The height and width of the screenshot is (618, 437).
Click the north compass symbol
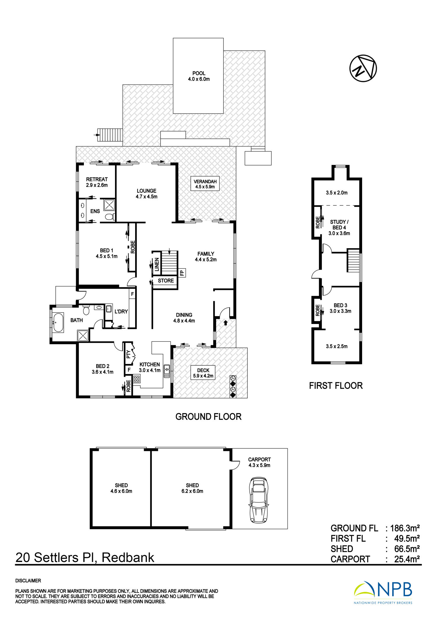click(x=363, y=68)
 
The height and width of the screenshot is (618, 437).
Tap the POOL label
click(x=199, y=73)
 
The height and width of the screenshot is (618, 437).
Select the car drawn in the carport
click(x=259, y=500)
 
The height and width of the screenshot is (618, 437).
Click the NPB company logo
click(x=383, y=592)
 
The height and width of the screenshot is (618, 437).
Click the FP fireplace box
click(x=182, y=273)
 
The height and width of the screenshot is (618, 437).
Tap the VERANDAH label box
click(x=205, y=184)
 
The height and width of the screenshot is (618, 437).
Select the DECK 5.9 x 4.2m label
click(x=203, y=373)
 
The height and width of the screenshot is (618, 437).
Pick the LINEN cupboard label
click(x=157, y=265)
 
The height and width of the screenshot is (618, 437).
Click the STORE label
click(x=166, y=281)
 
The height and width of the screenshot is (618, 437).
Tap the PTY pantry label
click(x=128, y=354)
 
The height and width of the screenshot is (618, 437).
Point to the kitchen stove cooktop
click(x=137, y=379)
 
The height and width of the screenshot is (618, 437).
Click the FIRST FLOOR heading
click(x=336, y=386)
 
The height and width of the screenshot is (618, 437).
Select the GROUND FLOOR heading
click(x=208, y=417)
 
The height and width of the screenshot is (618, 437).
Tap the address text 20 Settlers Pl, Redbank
click(x=85, y=557)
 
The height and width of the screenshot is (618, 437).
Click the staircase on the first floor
click(x=353, y=260)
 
